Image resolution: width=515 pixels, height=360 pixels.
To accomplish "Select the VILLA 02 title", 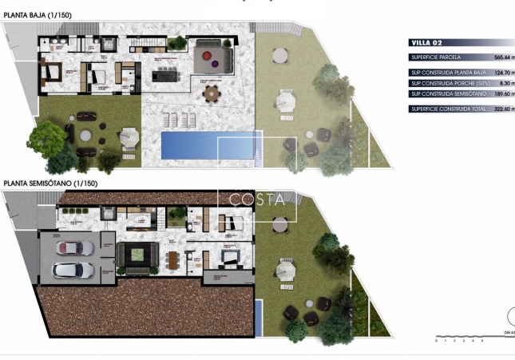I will click(425, 43).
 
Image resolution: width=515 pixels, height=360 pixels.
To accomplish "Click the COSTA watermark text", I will click(257, 200).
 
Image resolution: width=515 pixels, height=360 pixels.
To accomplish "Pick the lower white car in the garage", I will click(72, 270).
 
